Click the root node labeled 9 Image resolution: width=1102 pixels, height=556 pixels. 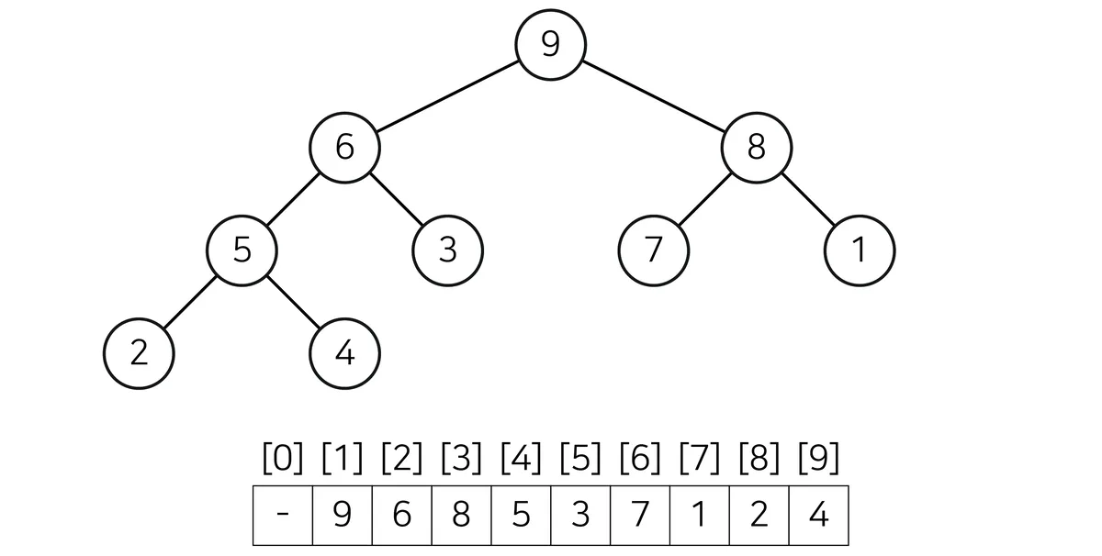pyautogui.click(x=550, y=45)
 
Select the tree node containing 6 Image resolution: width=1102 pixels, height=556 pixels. pyautogui.click(x=345, y=148)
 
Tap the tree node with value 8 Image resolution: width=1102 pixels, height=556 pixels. pyautogui.click(x=757, y=148)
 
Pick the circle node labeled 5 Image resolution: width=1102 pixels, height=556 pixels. pyautogui.click(x=242, y=250)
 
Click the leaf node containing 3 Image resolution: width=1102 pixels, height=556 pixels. pyautogui.click(x=448, y=250)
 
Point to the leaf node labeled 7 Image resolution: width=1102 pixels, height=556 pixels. pyautogui.click(x=654, y=250)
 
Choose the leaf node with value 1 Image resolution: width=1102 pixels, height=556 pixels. pyautogui.click(x=860, y=250)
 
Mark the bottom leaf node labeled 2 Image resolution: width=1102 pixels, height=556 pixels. pyautogui.click(x=139, y=354)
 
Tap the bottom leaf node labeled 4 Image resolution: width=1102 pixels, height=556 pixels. pyautogui.click(x=345, y=354)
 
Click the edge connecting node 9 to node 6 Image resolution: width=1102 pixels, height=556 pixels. pyautogui.click(x=448, y=96)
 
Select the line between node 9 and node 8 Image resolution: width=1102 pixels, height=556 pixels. pyautogui.click(x=654, y=96)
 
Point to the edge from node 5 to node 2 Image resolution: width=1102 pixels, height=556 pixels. pyautogui.click(x=190, y=303)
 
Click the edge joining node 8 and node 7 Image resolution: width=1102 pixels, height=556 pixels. pyautogui.click(x=705, y=200)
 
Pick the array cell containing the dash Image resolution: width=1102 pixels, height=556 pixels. pyautogui.click(x=283, y=516)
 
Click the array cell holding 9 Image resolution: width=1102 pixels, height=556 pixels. pyautogui.click(x=343, y=516)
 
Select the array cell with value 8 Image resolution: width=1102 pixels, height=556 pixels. pyautogui.click(x=461, y=516)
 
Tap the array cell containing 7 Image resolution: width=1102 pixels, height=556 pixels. pyautogui.click(x=640, y=516)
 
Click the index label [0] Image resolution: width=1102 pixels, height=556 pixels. pyautogui.click(x=283, y=458)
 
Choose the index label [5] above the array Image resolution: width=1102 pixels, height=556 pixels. pyautogui.click(x=580, y=458)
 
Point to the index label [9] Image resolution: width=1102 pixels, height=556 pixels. pyautogui.click(x=818, y=458)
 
